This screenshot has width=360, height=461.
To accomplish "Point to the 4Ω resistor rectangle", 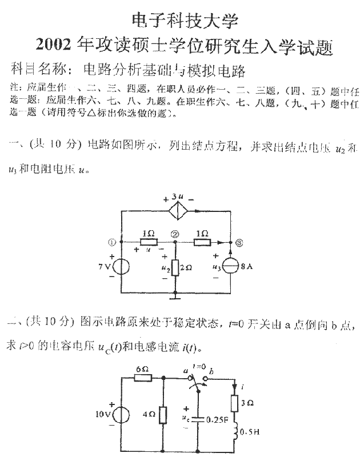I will tap(164, 414).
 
